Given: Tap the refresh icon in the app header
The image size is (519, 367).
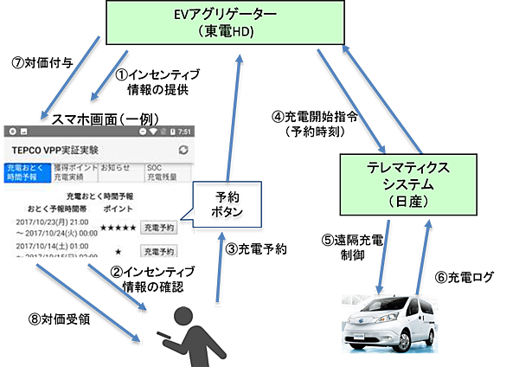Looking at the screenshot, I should pyautogui.click(x=183, y=150).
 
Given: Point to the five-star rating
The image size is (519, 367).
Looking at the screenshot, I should pyautogui.click(x=119, y=228).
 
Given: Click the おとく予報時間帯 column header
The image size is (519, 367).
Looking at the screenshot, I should pyautogui.click(x=56, y=209).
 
